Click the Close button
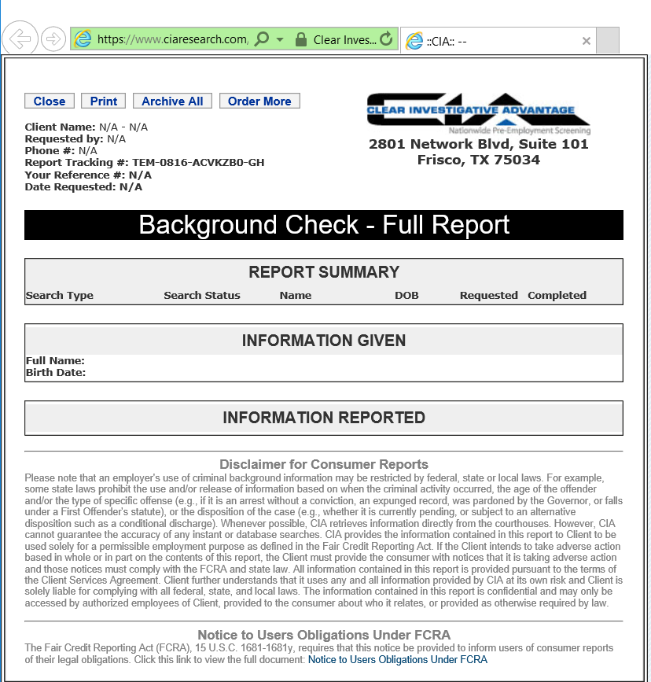pyautogui.click(x=50, y=101)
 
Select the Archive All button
pyautogui.click(x=172, y=101)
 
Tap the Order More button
pyautogui.click(x=259, y=101)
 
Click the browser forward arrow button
pyautogui.click(x=53, y=39)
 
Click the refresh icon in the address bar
pyautogui.click(x=385, y=39)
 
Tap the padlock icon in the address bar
pyautogui.click(x=300, y=39)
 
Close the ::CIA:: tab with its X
pyautogui.click(x=586, y=41)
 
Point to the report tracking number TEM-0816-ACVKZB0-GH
pyautogui.click(x=198, y=163)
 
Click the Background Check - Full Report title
pyautogui.click(x=324, y=225)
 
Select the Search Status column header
pyautogui.click(x=202, y=296)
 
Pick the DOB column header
pyautogui.click(x=406, y=296)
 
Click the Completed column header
pyautogui.click(x=557, y=296)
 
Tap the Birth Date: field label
pyautogui.click(x=56, y=373)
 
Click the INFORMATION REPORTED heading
pyautogui.click(x=324, y=418)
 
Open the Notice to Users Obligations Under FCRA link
pyautogui.click(x=397, y=660)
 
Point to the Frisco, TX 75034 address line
pyautogui.click(x=478, y=160)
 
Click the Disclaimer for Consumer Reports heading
pyautogui.click(x=324, y=464)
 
